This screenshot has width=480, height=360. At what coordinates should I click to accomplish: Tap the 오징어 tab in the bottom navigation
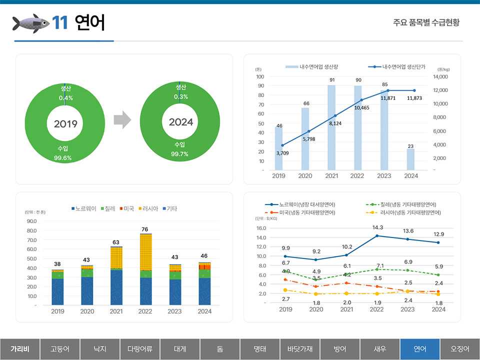tap(459, 348)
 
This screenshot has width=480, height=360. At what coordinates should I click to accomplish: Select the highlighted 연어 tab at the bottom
tap(419, 348)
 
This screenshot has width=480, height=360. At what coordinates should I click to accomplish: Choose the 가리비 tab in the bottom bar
tap(19, 348)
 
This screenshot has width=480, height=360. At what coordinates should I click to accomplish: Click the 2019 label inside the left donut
tap(65, 123)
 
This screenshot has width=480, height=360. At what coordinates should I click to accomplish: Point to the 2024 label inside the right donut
tap(180, 122)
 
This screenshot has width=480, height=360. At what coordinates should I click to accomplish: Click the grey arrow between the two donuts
tap(122, 120)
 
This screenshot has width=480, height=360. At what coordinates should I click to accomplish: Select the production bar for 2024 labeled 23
tap(410, 159)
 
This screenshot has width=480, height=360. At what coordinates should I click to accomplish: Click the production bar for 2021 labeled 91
tap(331, 127)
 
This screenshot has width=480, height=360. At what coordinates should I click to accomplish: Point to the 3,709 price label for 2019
tap(282, 153)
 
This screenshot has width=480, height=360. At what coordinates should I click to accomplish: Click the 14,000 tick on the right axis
tap(441, 77)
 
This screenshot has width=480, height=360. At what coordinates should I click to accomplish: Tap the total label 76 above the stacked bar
tap(145, 229)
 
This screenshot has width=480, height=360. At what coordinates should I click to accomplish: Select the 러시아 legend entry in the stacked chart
tap(150, 208)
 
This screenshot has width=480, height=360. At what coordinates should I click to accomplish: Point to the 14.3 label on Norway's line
tap(377, 227)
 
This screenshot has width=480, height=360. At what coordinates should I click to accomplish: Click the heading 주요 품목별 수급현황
tap(426, 23)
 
